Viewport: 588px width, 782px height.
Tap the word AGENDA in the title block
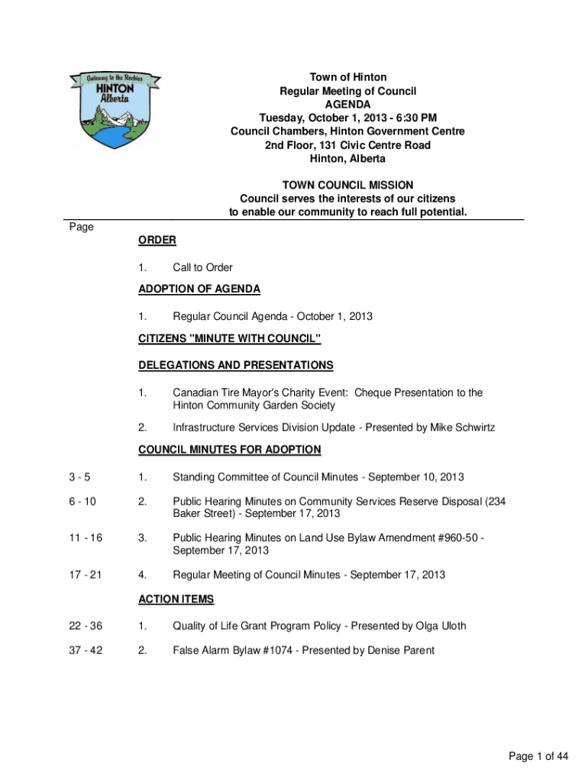(x=347, y=105)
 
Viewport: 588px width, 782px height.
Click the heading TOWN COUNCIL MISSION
(x=347, y=185)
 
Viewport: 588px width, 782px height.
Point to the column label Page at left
(x=81, y=227)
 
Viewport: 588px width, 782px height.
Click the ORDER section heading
(x=157, y=241)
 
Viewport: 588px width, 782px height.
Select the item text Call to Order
(x=202, y=267)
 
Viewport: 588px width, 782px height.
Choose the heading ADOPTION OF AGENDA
(x=199, y=289)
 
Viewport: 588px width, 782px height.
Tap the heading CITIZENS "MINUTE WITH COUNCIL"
(x=229, y=338)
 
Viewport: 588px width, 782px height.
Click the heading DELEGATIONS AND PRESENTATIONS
(x=235, y=365)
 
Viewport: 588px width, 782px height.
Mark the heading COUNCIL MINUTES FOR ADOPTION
(x=229, y=450)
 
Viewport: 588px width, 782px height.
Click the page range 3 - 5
(x=78, y=477)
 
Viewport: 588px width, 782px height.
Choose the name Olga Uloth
(x=435, y=626)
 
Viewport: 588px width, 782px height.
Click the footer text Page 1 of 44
(x=538, y=757)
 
